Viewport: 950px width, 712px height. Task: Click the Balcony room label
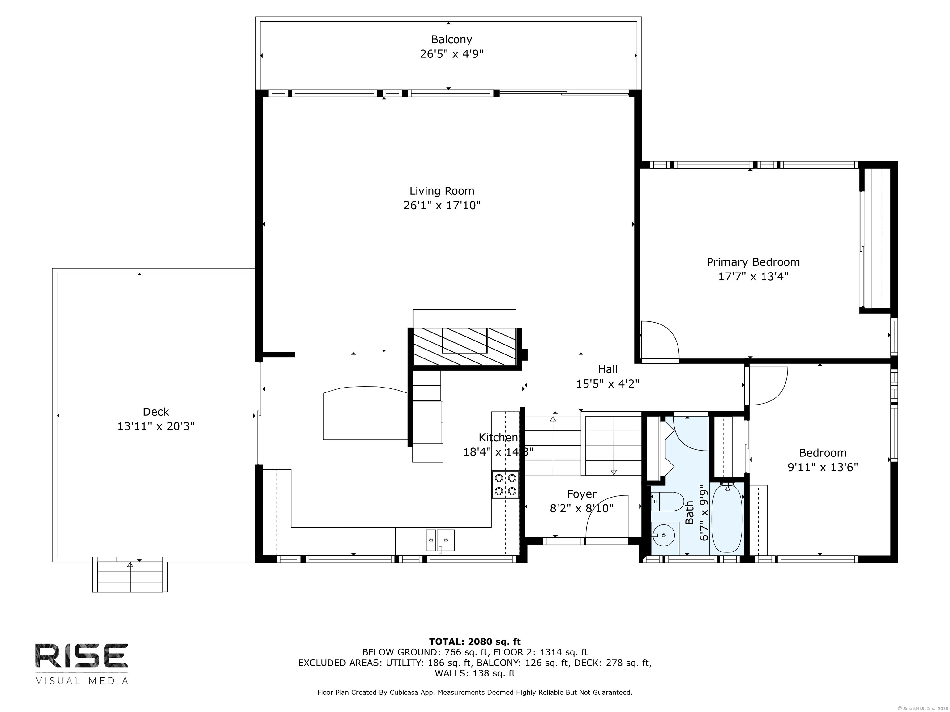click(x=451, y=40)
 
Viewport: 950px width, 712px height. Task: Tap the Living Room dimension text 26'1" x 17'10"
click(x=442, y=205)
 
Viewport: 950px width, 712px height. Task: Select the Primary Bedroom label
click(x=753, y=262)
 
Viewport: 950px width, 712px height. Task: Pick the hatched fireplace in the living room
click(x=465, y=346)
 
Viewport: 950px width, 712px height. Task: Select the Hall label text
click(x=608, y=369)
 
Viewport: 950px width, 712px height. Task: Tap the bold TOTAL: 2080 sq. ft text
click(x=475, y=642)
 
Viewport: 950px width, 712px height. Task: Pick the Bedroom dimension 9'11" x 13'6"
click(x=823, y=467)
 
